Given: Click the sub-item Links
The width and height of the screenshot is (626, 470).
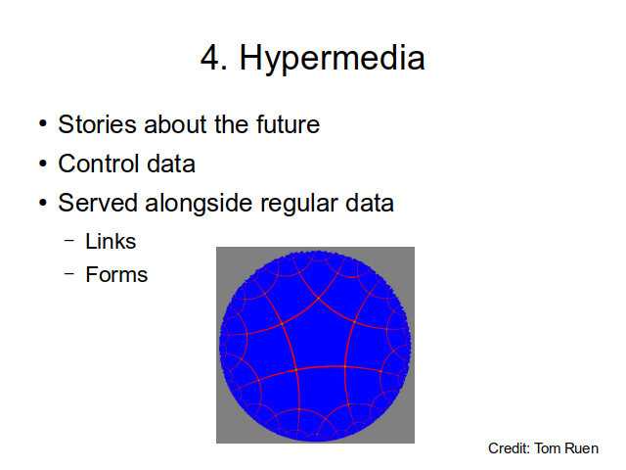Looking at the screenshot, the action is (111, 242).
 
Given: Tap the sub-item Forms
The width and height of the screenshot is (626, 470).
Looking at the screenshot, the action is (116, 274).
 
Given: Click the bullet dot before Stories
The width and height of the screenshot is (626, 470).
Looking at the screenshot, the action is (43, 123).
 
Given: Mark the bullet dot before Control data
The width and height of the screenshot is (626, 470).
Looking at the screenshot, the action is (43, 164).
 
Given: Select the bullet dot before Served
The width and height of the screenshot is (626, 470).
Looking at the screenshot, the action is (43, 203).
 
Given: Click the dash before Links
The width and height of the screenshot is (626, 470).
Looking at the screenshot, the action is (69, 241).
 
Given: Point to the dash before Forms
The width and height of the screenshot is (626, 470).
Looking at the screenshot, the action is (69, 274).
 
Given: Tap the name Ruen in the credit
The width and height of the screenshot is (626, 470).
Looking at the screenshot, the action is (582, 448).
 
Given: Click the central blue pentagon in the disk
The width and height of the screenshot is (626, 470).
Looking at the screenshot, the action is (318, 336).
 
